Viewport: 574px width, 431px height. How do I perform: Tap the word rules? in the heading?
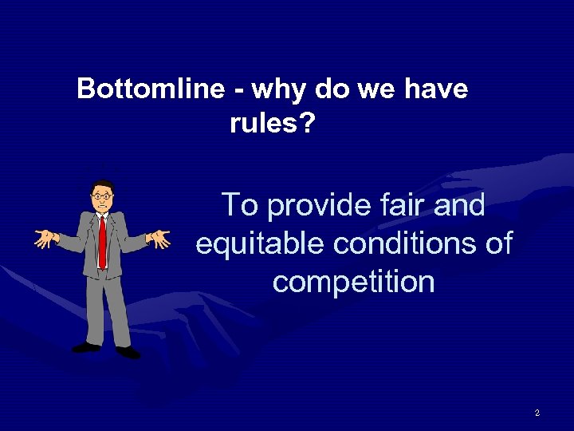pyautogui.click(x=272, y=123)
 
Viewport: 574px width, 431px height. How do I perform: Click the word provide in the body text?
pyautogui.click(x=316, y=206)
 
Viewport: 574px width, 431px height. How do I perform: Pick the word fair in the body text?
pyautogui.click(x=395, y=205)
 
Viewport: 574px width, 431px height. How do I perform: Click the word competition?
pyautogui.click(x=353, y=282)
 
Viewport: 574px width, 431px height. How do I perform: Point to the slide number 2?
pyautogui.click(x=537, y=413)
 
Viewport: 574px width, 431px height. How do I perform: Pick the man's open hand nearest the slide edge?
pyautogui.click(x=45, y=237)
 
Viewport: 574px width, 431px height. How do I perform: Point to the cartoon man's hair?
pyautogui.click(x=102, y=186)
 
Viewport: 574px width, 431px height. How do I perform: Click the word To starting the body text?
pyautogui.click(x=239, y=205)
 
